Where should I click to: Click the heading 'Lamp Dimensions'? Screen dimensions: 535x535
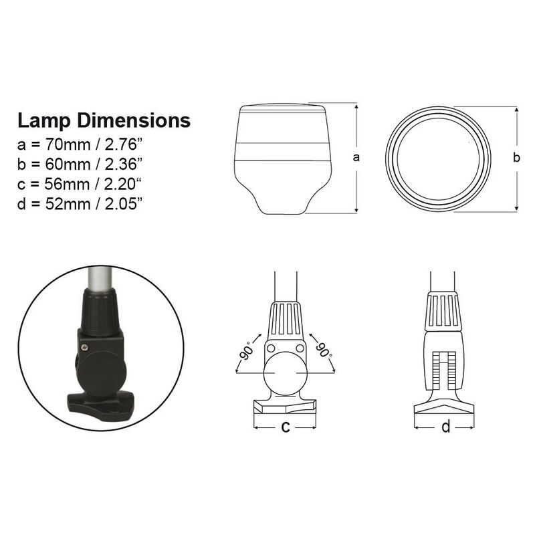click(104, 121)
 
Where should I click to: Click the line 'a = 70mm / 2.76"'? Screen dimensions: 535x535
click(81, 144)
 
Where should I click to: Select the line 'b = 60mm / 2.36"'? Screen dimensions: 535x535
click(81, 163)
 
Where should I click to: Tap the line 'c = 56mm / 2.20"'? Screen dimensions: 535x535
click(81, 183)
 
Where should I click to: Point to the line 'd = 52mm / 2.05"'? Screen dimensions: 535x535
click(81, 203)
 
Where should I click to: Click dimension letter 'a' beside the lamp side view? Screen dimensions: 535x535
click(356, 158)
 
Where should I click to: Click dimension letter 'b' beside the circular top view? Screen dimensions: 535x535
click(516, 158)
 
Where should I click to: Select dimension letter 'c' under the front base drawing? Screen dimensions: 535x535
click(285, 427)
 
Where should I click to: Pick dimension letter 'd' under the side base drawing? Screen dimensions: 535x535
click(446, 427)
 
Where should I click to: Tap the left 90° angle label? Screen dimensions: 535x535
click(247, 350)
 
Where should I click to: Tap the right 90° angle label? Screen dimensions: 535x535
click(323, 350)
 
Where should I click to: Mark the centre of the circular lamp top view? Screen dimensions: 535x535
click(438, 158)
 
